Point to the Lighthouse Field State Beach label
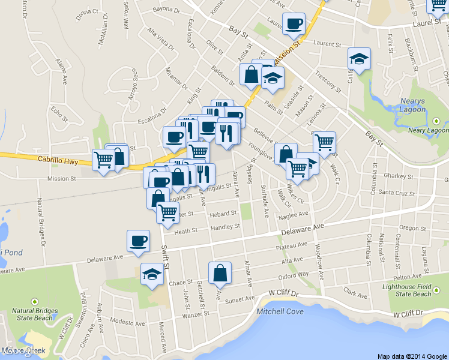(x=406, y=290)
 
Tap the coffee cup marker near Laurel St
(x=294, y=24)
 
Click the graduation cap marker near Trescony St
(x=359, y=59)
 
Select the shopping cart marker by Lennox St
(x=324, y=143)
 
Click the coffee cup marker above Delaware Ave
(x=138, y=241)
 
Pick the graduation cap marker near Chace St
(x=152, y=275)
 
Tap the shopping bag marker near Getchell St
(x=220, y=273)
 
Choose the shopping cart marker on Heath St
(x=167, y=212)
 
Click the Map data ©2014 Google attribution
(x=412, y=356)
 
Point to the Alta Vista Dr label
(x=160, y=38)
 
